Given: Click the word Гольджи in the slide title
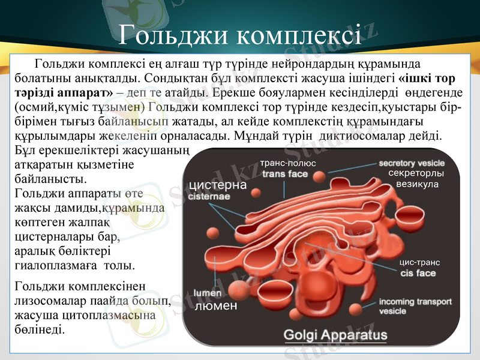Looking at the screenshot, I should [x=173, y=34].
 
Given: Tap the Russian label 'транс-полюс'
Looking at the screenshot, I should [x=289, y=163].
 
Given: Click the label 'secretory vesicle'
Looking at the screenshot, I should [x=412, y=163].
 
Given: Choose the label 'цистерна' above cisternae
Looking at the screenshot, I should [x=218, y=185].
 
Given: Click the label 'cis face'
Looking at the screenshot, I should [x=418, y=273].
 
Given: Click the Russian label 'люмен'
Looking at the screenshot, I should [x=217, y=306].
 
